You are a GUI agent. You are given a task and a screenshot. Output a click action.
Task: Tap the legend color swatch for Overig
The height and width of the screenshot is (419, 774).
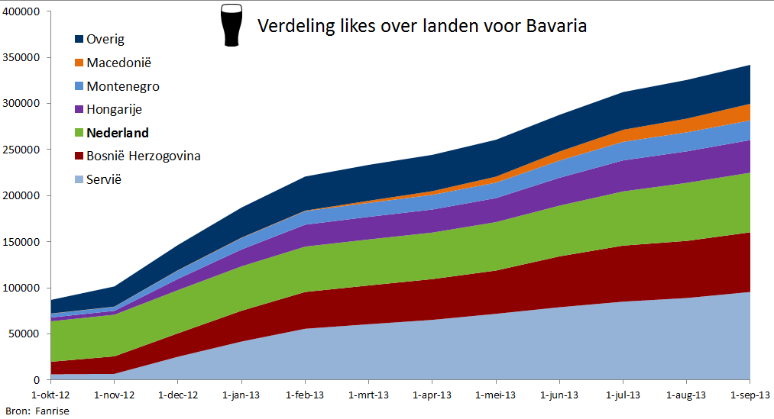point(79,40)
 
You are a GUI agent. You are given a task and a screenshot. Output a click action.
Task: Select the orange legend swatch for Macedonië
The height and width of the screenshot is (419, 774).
point(79,63)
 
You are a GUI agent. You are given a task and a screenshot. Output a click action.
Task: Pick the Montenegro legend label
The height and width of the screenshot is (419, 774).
point(123,86)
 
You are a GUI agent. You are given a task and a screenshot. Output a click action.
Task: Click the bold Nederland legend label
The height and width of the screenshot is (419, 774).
point(118,133)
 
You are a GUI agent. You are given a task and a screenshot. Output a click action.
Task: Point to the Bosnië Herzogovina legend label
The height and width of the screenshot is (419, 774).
point(144,156)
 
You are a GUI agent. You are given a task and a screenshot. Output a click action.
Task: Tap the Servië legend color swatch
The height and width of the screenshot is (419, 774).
point(79,180)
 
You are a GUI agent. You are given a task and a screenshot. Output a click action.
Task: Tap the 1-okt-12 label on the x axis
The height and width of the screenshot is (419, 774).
point(50,395)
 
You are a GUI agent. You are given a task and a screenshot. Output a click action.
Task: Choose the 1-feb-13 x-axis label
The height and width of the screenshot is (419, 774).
point(306,395)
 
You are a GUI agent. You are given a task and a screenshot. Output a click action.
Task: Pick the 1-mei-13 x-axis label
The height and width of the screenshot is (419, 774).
point(497,395)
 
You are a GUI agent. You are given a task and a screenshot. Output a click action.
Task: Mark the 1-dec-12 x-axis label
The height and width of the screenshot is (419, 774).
point(178,395)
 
